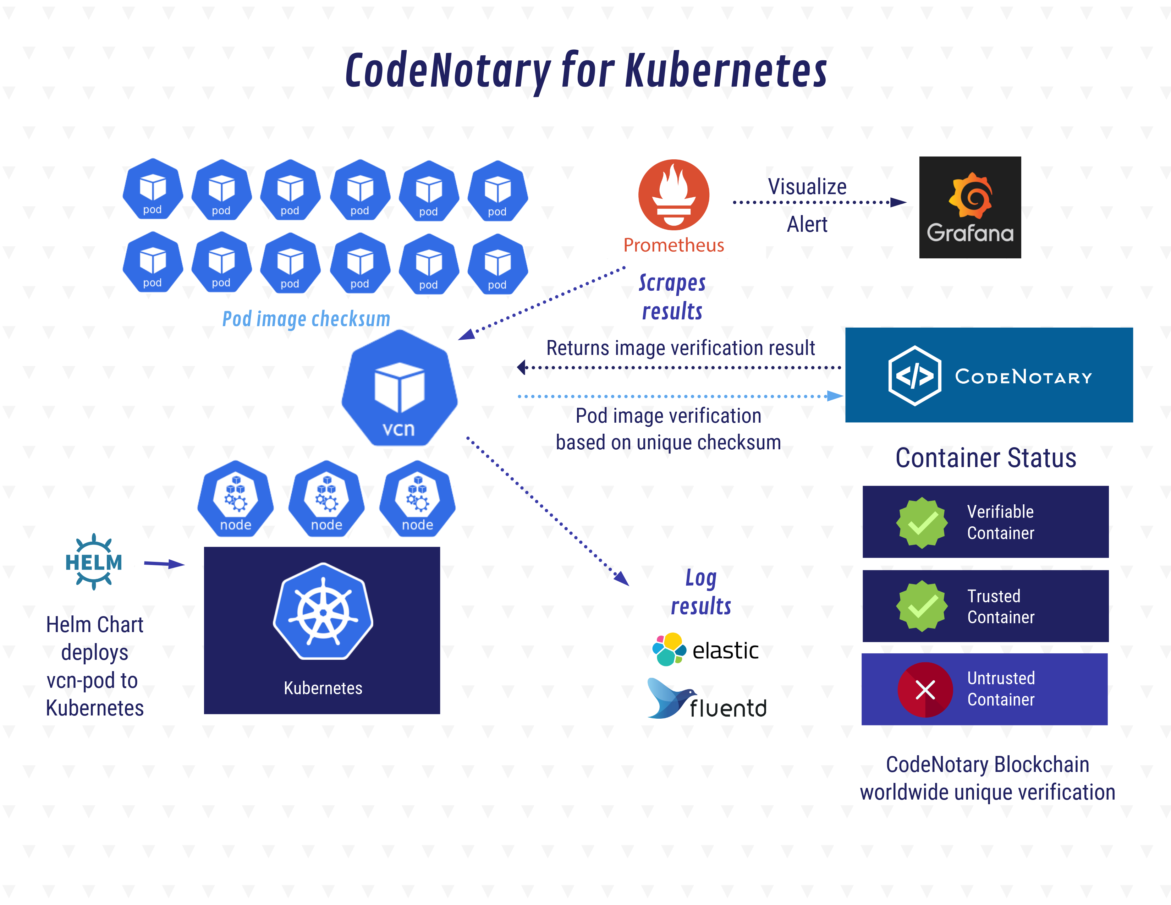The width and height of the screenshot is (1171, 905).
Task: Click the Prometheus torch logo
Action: coord(674,194)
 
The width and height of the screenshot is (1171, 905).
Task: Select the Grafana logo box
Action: coord(969,208)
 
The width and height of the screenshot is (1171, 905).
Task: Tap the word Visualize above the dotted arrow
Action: coord(807,187)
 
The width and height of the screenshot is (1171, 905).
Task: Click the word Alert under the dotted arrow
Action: coord(807,224)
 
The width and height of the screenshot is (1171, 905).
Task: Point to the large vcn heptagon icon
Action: coord(400,389)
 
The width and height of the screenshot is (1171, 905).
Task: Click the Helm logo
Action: coord(94,562)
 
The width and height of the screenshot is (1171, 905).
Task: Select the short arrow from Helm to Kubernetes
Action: coord(164,564)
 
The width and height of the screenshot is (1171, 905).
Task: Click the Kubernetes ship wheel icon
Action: coord(323,612)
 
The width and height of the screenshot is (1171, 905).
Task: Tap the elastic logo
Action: coord(705,650)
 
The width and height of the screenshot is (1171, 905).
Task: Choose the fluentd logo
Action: coord(707,700)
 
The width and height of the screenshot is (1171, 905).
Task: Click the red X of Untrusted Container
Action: coord(925,690)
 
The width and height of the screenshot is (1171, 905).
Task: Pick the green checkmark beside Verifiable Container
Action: coord(922,522)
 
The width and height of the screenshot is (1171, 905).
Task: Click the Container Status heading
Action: coord(985,458)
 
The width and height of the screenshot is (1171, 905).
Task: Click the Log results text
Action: coord(701,592)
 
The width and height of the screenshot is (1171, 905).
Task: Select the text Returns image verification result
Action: coord(680,348)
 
